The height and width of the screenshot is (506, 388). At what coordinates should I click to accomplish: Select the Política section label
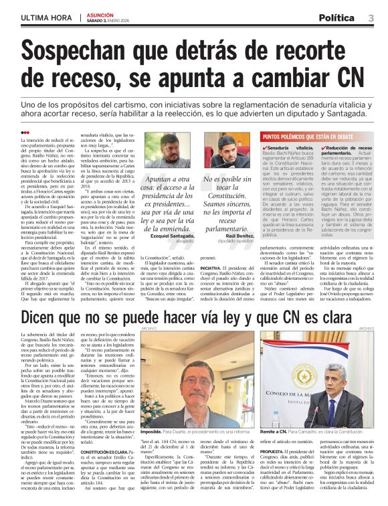click(340, 17)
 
